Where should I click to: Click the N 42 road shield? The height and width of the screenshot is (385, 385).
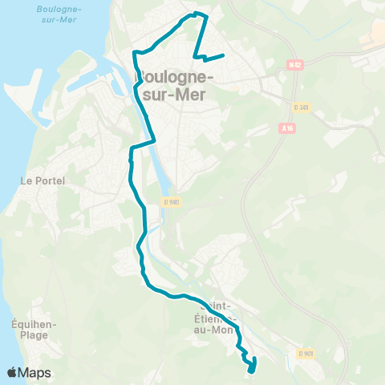point(293,64)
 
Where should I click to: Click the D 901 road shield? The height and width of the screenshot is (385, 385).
point(304,353)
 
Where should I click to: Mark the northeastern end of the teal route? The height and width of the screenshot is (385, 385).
point(222,55)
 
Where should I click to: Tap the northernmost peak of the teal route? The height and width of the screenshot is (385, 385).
point(197,13)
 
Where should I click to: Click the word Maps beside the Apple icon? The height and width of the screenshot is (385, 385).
point(34,373)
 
